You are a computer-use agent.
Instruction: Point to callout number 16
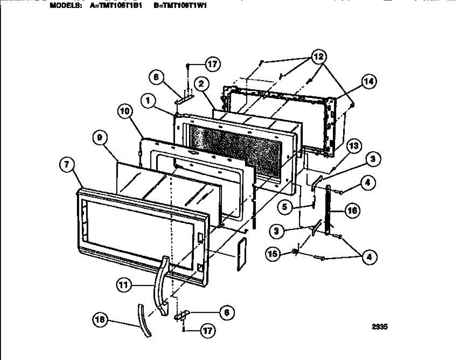click(x=352, y=210)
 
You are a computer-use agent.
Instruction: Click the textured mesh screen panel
click(x=236, y=152)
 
